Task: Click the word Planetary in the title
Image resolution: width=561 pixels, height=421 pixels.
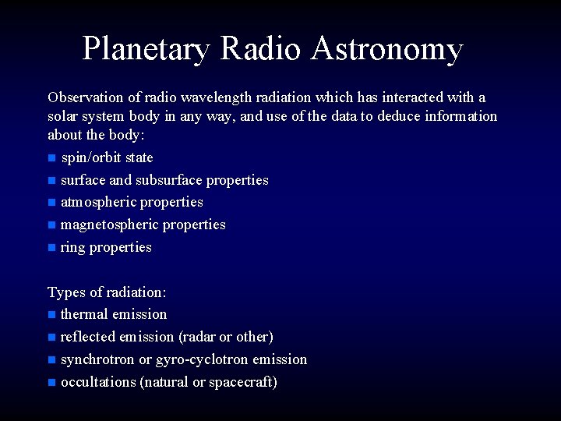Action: coord(146,48)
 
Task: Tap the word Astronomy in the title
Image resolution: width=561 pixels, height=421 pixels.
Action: coord(386,48)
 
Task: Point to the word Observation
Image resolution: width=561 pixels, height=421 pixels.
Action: coord(85,97)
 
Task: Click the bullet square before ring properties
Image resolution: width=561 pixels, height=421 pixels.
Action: coord(51,248)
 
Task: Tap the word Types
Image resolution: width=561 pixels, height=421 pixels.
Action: coord(66,292)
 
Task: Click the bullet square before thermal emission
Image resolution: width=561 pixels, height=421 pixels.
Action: coord(51,315)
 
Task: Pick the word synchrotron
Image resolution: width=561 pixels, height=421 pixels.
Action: coord(97,359)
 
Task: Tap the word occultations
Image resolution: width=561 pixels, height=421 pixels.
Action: coord(98,382)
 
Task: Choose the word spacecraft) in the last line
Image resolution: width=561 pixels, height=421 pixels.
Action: coord(243,382)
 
